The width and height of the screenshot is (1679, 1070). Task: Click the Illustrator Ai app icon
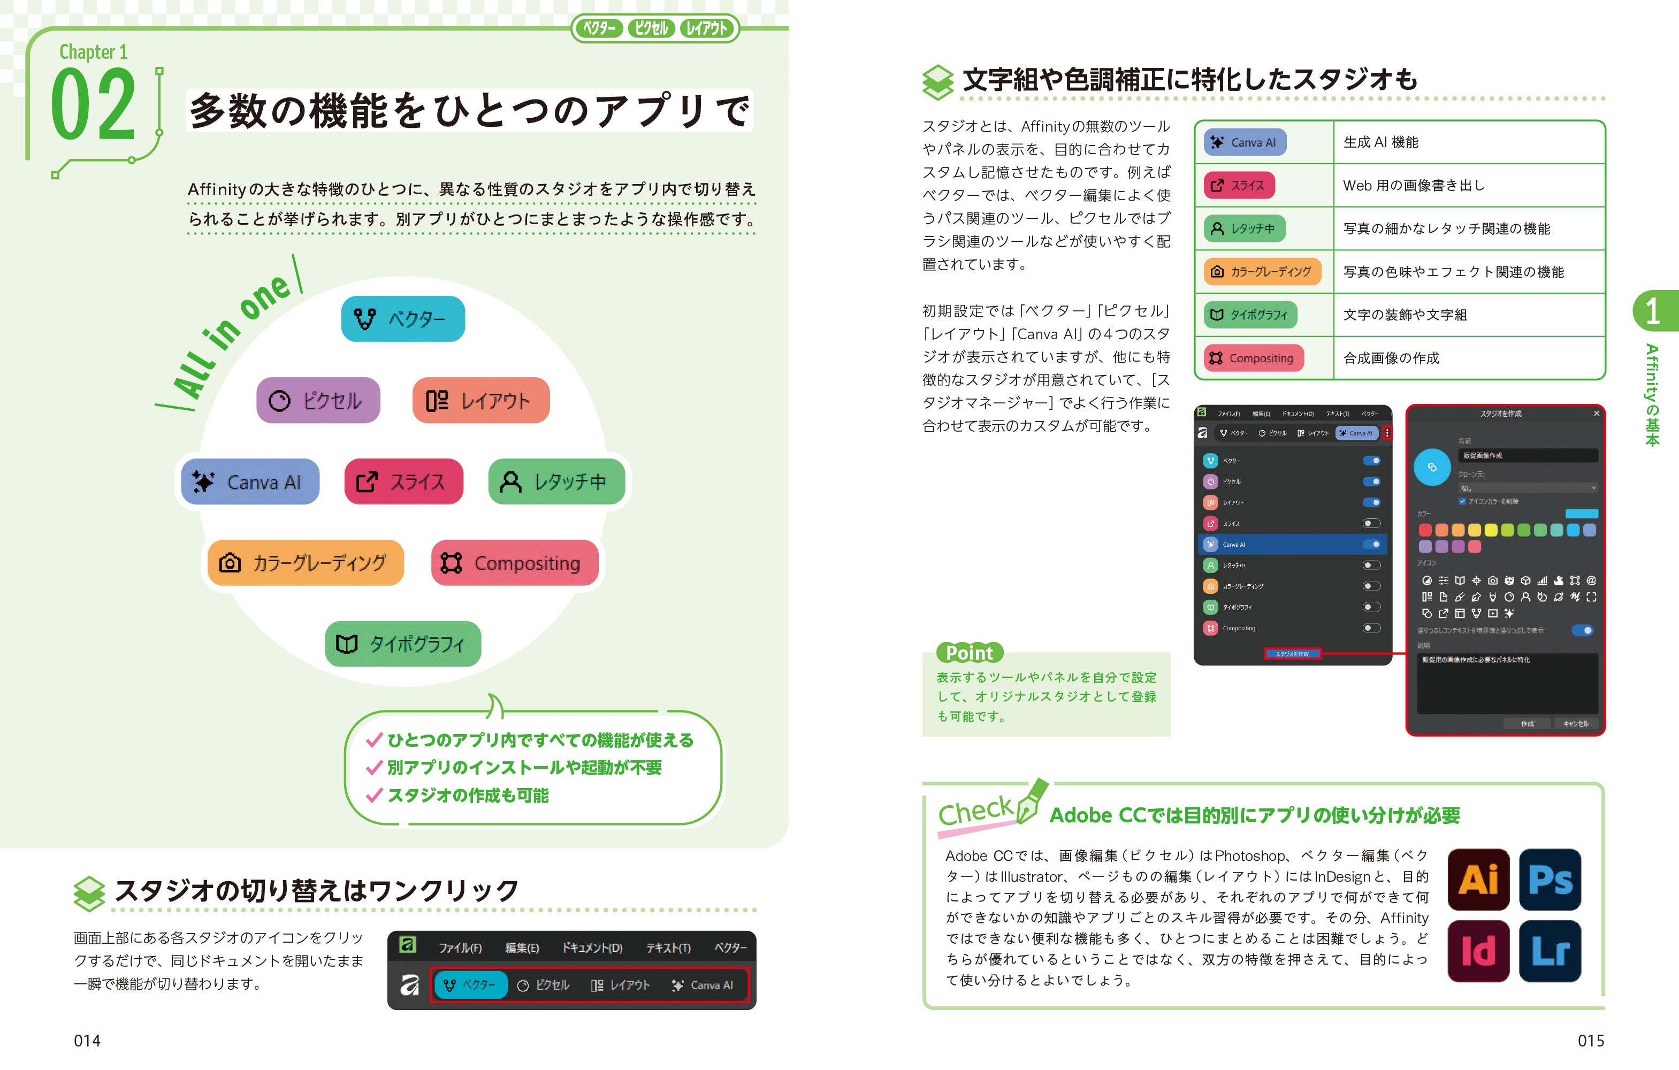[1478, 879]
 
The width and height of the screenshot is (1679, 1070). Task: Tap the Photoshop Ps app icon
[1550, 879]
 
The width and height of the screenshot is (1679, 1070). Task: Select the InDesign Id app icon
[1478, 951]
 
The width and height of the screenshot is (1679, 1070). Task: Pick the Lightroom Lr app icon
[1550, 951]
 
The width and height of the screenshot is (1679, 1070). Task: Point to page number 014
[87, 1041]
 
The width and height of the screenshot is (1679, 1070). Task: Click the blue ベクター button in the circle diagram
[403, 318]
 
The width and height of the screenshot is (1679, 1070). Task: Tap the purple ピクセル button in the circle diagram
[318, 400]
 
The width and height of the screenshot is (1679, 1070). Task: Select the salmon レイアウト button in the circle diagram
[480, 400]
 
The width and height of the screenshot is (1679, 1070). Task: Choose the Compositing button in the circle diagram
[515, 562]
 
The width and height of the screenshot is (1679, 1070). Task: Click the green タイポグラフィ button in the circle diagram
[402, 644]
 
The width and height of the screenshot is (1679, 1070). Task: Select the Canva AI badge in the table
[1245, 142]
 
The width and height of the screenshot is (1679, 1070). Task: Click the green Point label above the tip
[969, 653]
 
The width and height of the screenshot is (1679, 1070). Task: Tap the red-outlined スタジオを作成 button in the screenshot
[1292, 654]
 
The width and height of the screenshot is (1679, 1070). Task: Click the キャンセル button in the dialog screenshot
[1575, 723]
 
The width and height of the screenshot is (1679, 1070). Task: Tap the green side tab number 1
[1652, 311]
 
